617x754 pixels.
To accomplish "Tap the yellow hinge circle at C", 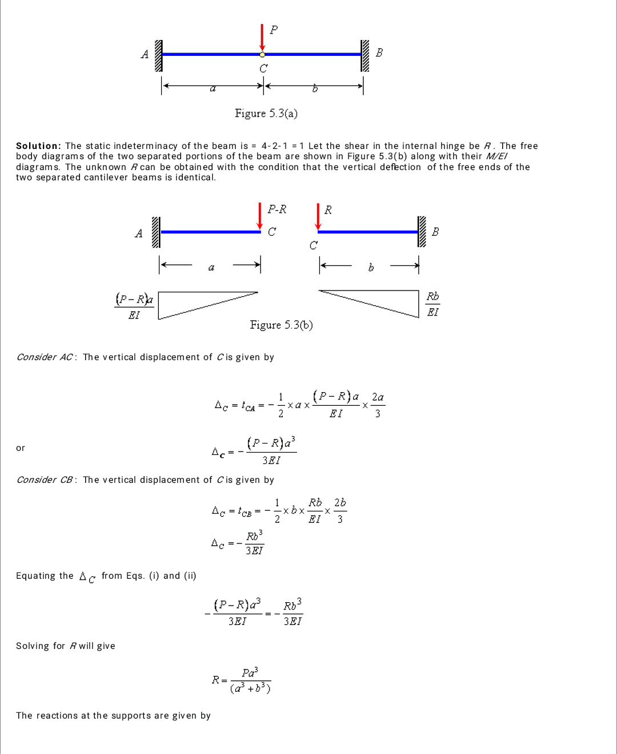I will (x=262, y=55).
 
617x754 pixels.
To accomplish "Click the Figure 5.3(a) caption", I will (x=266, y=113).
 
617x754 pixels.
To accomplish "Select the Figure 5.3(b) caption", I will (x=281, y=325).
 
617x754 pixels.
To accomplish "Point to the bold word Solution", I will (x=38, y=146).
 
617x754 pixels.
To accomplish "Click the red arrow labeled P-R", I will (x=260, y=216).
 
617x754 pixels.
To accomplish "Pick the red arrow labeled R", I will (x=318, y=216).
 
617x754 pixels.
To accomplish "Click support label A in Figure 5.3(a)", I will (x=145, y=54).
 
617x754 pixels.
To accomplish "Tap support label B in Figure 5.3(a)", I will (x=379, y=53).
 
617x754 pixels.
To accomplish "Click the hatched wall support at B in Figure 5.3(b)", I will (x=422, y=232).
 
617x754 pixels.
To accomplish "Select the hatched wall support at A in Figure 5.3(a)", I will (x=159, y=55).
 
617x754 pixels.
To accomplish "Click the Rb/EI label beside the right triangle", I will (x=433, y=304).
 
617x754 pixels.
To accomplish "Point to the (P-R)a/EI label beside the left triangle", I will (x=134, y=307).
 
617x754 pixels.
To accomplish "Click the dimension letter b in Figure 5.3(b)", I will (x=371, y=267).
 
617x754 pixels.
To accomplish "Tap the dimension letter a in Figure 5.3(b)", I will (x=211, y=267).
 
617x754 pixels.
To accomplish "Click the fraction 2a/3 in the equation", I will (x=378, y=405).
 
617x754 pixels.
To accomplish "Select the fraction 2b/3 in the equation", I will (x=340, y=510).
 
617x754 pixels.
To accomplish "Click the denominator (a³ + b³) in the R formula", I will (x=250, y=688).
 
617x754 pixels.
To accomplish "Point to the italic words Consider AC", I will (x=45, y=357).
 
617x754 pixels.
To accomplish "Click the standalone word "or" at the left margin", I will (x=21, y=448).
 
